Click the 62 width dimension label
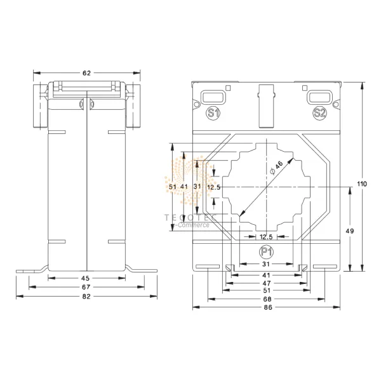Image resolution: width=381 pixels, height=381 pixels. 86,73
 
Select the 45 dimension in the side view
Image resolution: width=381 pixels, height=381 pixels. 86,278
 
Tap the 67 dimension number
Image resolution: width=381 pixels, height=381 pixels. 86,287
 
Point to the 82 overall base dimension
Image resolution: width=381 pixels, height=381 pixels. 86,297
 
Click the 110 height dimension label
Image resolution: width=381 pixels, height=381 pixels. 362,184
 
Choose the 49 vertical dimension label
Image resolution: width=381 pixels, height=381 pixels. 350,231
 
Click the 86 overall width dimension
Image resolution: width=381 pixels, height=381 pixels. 268,307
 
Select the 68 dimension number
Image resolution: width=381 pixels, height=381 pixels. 267,299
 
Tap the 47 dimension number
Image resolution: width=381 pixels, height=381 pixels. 267,283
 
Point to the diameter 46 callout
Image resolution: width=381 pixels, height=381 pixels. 276,168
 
